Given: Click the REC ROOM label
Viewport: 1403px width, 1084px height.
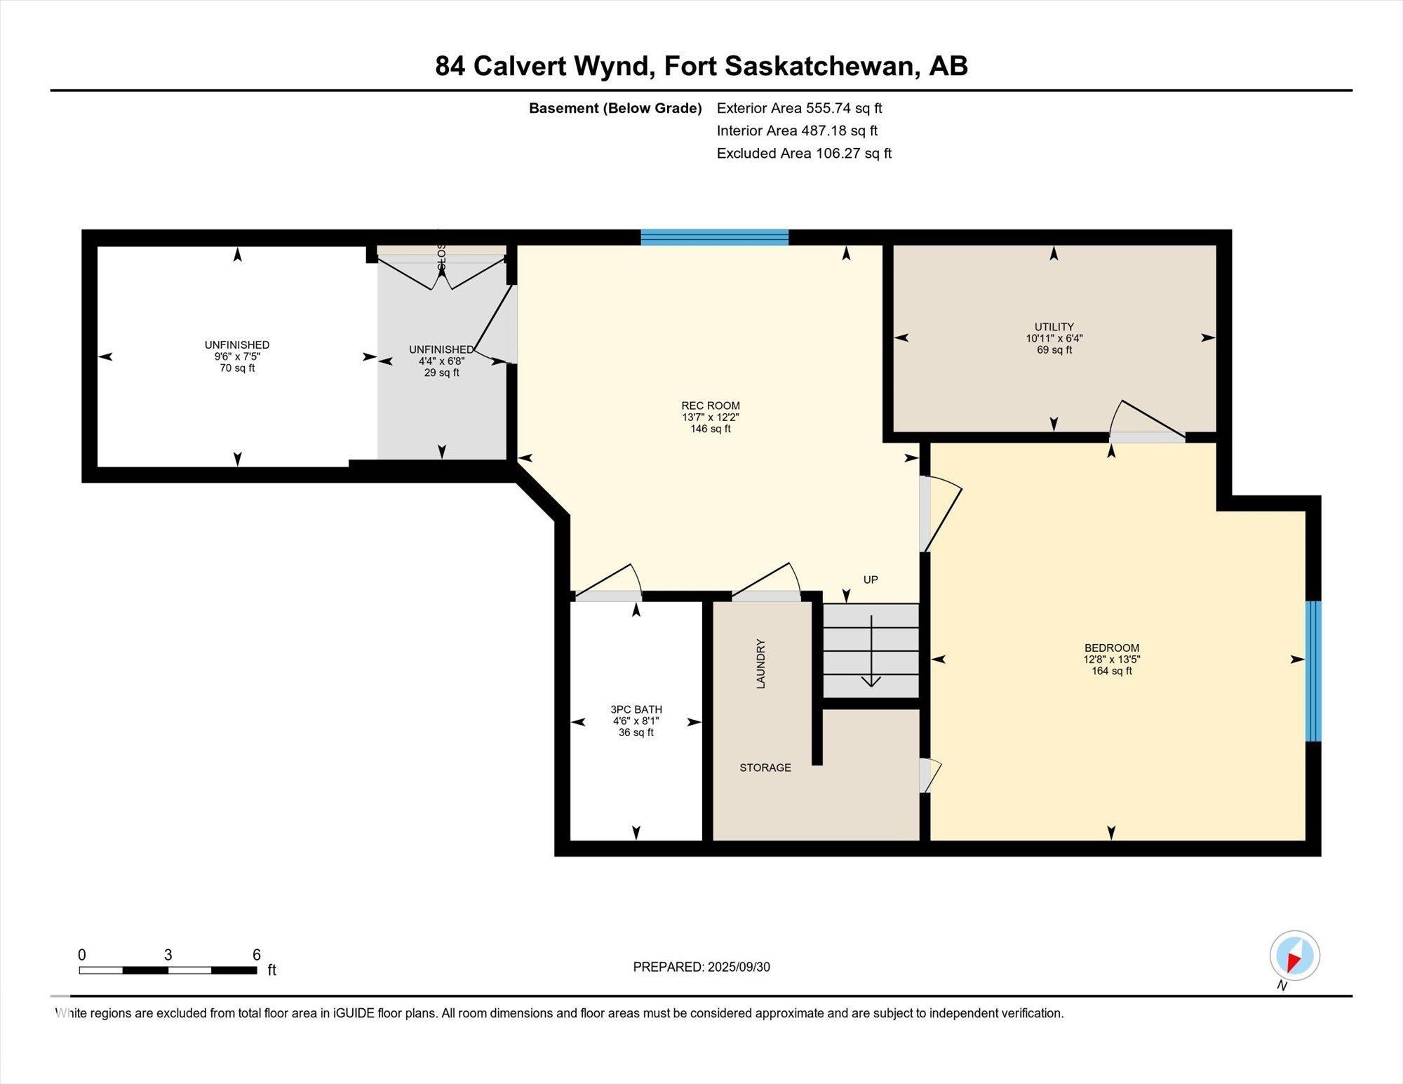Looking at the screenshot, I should [x=710, y=406].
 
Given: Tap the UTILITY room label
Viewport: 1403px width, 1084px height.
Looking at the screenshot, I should [x=1054, y=327].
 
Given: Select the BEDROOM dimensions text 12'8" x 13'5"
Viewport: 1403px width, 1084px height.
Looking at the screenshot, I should [x=1111, y=660].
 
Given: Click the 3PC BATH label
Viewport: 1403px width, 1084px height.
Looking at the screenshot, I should [x=636, y=709].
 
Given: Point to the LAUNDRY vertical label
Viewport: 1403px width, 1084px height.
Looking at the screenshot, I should [x=760, y=663].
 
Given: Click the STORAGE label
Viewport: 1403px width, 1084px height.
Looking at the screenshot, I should [x=765, y=768].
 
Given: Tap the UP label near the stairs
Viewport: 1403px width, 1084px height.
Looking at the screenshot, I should [x=870, y=580].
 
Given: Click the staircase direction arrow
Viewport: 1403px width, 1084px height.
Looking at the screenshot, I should [x=871, y=653].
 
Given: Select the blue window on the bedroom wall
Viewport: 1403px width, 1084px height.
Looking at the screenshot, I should [x=1313, y=671].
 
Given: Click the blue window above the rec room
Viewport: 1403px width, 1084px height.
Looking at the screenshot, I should [x=714, y=237].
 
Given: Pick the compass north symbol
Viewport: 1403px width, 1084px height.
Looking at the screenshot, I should [x=1294, y=956].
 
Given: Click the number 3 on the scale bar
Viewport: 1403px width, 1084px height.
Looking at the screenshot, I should [x=168, y=955].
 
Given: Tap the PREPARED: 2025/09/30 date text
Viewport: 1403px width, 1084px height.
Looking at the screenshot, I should [x=701, y=967].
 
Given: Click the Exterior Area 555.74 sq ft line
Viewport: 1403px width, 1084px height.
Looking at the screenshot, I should [x=799, y=108].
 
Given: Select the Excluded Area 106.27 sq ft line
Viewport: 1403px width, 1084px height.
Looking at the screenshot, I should [x=804, y=153].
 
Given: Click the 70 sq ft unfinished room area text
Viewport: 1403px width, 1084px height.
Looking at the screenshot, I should [x=237, y=368].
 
